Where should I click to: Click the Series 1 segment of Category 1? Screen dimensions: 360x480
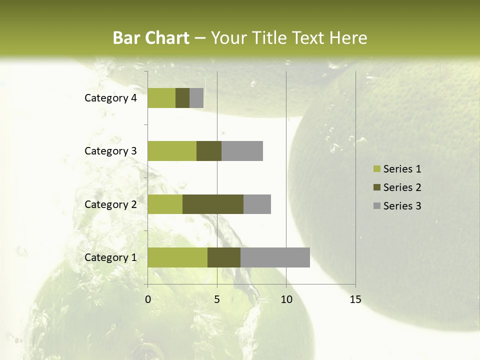177,257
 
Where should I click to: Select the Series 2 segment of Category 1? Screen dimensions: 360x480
224,257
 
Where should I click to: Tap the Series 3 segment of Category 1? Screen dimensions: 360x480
275,257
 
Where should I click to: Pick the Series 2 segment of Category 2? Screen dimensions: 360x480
213,204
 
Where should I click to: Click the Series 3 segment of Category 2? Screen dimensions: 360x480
257,204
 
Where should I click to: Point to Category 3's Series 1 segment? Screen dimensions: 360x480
172,151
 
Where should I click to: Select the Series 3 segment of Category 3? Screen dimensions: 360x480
242,151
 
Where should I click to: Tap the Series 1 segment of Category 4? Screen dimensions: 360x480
161,98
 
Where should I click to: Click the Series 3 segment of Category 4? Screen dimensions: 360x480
196,98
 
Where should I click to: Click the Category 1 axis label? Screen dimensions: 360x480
110,257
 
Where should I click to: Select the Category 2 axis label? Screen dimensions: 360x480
110,204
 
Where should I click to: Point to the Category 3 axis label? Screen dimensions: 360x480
110,151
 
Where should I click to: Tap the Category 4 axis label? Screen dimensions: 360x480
110,98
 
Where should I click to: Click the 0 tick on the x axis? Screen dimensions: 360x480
148,299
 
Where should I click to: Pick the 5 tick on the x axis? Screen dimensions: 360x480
217,299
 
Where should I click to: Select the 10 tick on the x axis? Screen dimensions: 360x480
286,299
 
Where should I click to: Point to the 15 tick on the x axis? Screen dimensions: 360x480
355,299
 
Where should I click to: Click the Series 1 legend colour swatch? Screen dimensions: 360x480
376,169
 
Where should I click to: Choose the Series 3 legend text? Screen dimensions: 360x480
402,206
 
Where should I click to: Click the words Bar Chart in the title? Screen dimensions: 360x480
151,38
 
